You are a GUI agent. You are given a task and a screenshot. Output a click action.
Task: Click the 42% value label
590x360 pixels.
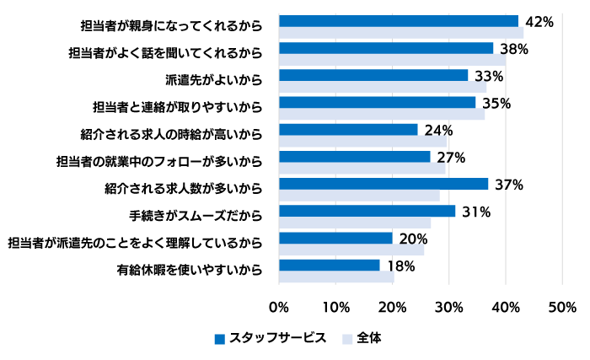coord(539,22)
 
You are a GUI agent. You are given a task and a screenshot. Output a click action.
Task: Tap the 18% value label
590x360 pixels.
coord(400,266)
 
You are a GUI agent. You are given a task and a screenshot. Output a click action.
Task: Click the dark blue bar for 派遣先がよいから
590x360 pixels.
coord(373,75)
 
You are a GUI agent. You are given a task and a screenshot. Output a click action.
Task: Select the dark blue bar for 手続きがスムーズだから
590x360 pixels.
coord(367,211)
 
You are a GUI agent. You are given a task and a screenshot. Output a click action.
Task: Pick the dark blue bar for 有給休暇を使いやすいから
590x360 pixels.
coord(329,265)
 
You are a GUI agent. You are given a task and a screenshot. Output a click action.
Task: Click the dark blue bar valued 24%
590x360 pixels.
coord(347,129)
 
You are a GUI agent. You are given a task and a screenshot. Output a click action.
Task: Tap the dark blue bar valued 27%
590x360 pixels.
coord(354,157)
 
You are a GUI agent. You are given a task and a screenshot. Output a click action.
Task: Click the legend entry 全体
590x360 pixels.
coord(368,337)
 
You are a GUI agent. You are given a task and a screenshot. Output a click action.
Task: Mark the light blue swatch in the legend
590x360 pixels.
coord(346,338)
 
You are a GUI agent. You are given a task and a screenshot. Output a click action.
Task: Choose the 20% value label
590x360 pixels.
coord(413,239)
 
